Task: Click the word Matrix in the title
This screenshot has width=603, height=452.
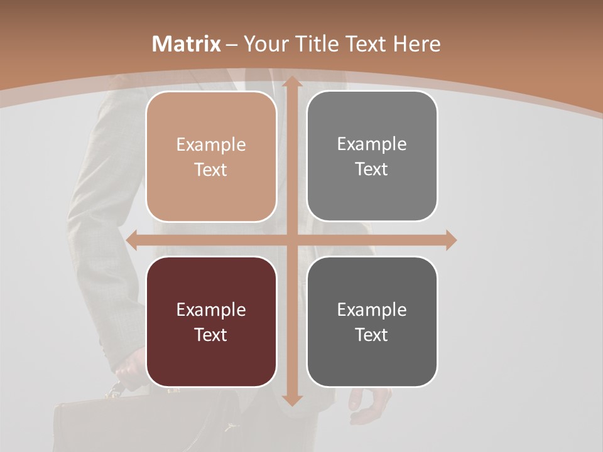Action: coord(187,44)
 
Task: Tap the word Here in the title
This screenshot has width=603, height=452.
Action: coord(416,44)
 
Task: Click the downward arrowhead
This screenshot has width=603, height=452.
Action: coord(291,399)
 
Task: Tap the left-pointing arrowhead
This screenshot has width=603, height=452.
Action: coord(132,240)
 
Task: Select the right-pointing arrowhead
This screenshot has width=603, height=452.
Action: coord(450,240)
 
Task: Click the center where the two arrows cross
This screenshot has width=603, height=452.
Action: coord(291,240)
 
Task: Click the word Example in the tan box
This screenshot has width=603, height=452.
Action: coord(211,145)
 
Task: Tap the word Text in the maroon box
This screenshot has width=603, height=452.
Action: coord(211,335)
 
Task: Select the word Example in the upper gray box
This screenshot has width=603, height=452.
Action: coord(372,144)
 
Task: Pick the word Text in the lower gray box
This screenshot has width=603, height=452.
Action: coord(372,335)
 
